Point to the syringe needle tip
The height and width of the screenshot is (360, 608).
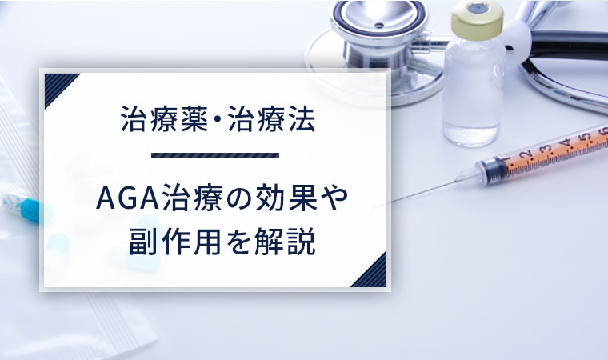tap(393, 202)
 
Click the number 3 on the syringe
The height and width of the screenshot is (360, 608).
tap(547, 150)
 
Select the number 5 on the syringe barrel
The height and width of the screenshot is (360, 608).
tap(586, 138)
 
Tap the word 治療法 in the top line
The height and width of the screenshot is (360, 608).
tap(271, 118)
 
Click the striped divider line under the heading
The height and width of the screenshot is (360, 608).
tap(215, 155)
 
